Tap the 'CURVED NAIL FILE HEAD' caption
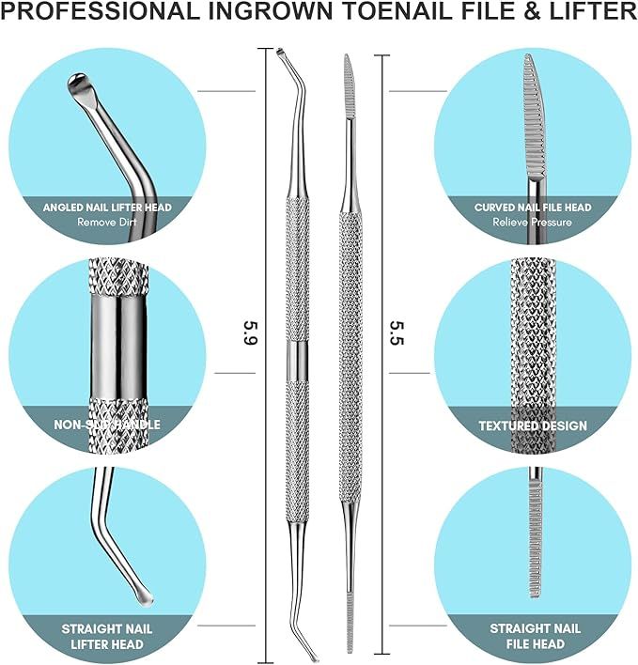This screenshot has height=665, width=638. point(533,207)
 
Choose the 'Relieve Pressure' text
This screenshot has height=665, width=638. point(533,223)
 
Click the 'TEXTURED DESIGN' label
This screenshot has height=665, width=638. point(533,425)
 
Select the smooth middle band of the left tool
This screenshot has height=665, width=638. point(298,358)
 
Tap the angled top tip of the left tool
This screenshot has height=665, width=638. point(280,54)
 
